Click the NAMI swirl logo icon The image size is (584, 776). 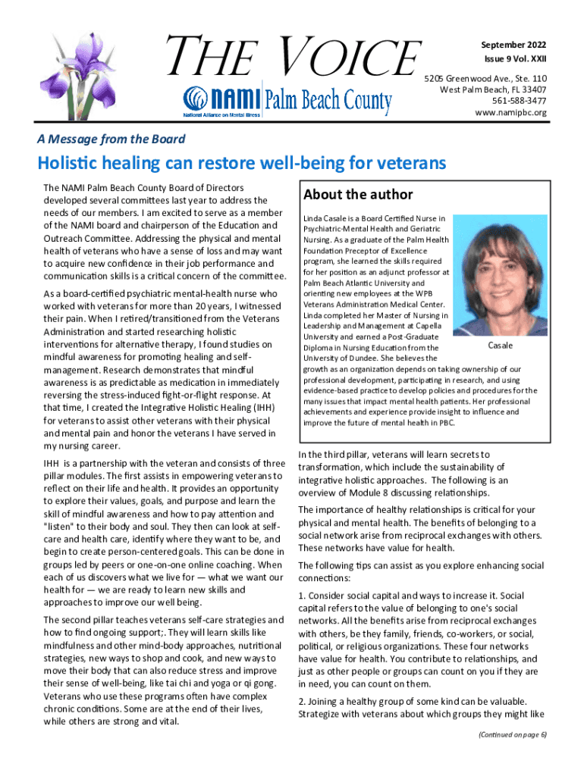(194, 98)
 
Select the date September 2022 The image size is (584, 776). (513, 43)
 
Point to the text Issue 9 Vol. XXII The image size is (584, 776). (514, 59)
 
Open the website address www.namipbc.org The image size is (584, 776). (510, 112)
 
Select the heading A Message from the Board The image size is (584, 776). (111, 139)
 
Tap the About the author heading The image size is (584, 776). (358, 194)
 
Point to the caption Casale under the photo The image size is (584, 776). (500, 346)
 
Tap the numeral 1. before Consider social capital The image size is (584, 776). (302, 596)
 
